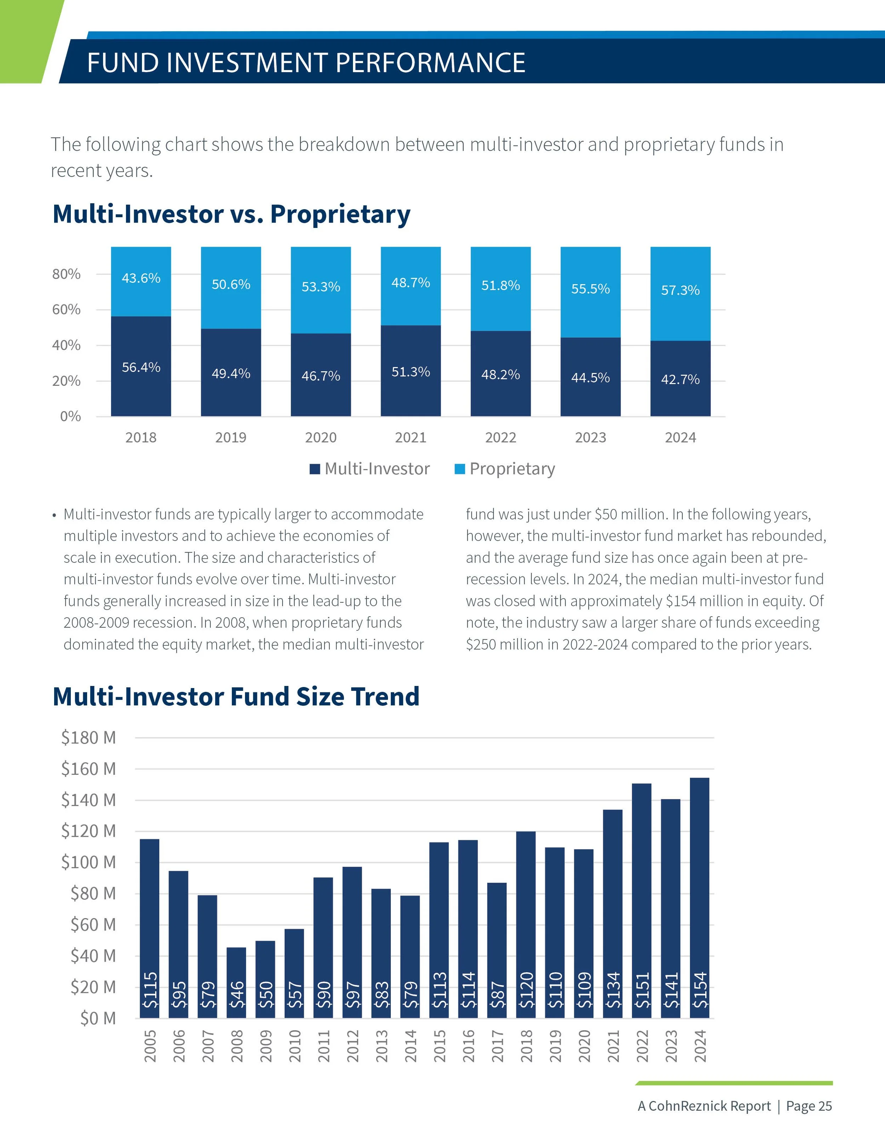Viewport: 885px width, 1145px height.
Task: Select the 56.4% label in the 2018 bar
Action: [141, 367]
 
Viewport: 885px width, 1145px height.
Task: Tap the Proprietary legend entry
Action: [505, 468]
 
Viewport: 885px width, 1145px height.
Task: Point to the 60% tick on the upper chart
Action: [66, 309]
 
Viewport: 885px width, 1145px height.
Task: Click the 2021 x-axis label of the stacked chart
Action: [411, 437]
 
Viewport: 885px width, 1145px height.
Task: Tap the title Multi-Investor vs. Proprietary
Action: [231, 214]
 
